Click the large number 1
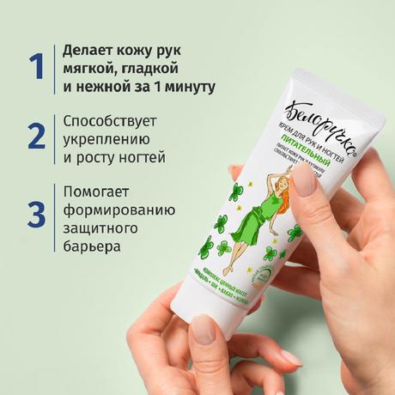click(34, 67)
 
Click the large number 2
click(35, 137)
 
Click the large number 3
click(35, 214)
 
